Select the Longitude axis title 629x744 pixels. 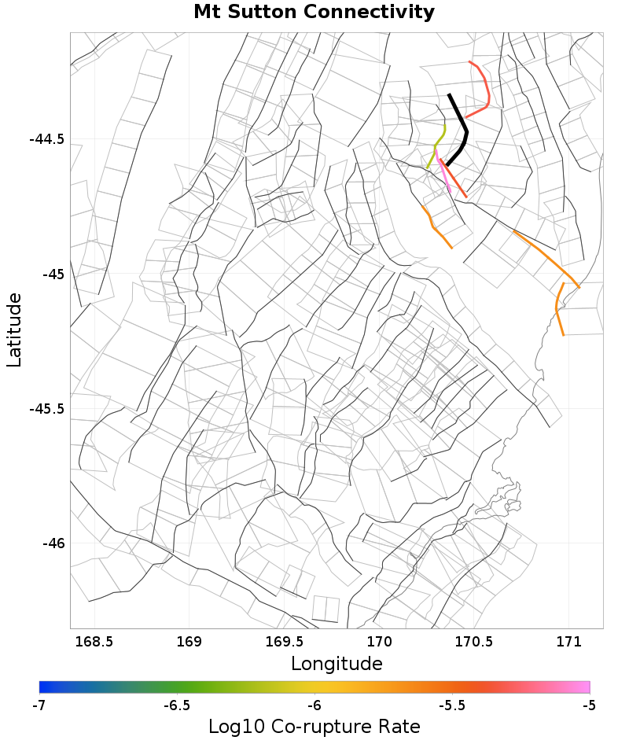click(337, 664)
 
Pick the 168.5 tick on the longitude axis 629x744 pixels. click(94, 642)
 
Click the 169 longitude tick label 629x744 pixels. click(189, 642)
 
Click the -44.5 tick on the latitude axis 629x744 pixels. click(46, 139)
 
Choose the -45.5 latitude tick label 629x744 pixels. click(46, 409)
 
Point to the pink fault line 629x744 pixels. click(445, 178)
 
